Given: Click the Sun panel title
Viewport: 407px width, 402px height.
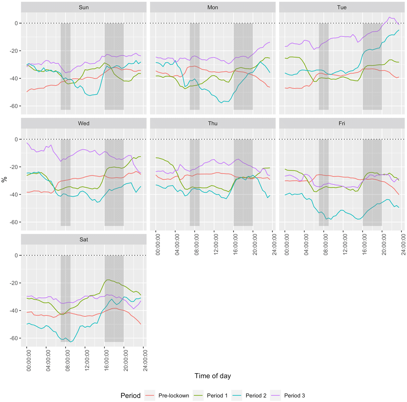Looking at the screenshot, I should (x=83, y=7).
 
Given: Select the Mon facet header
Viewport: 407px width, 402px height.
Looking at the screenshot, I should (x=213, y=7).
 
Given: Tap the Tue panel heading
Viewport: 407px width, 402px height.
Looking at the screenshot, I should (x=342, y=7).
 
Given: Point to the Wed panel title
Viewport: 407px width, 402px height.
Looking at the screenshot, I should (x=83, y=123).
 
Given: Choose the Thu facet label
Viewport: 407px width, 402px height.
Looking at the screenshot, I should (x=213, y=123).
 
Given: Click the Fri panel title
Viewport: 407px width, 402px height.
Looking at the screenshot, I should (x=342, y=123).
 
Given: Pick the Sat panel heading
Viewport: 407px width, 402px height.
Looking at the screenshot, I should (x=83, y=239).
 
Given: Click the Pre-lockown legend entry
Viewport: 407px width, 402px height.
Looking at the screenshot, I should (x=174, y=396).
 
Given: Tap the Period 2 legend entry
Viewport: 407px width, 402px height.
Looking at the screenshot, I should (x=256, y=396).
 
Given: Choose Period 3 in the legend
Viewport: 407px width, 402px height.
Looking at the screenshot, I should (x=294, y=396).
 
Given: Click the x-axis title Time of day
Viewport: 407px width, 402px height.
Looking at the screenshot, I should (x=213, y=376).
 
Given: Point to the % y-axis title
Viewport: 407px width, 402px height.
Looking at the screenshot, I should (x=4, y=179).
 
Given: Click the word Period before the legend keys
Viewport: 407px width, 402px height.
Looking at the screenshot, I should (x=130, y=396).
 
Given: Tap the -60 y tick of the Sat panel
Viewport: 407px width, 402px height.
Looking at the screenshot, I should (x=14, y=338).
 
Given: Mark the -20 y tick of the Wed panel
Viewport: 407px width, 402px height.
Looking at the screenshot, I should (x=14, y=167).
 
